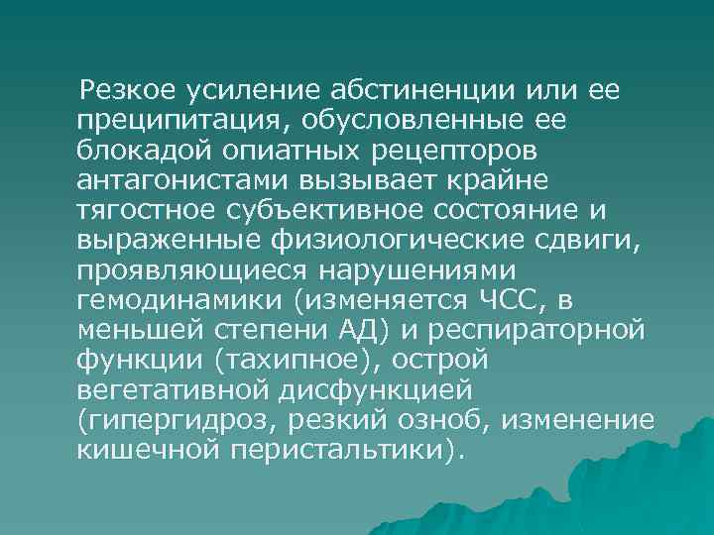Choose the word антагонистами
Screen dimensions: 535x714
pyautogui.click(x=173, y=180)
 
